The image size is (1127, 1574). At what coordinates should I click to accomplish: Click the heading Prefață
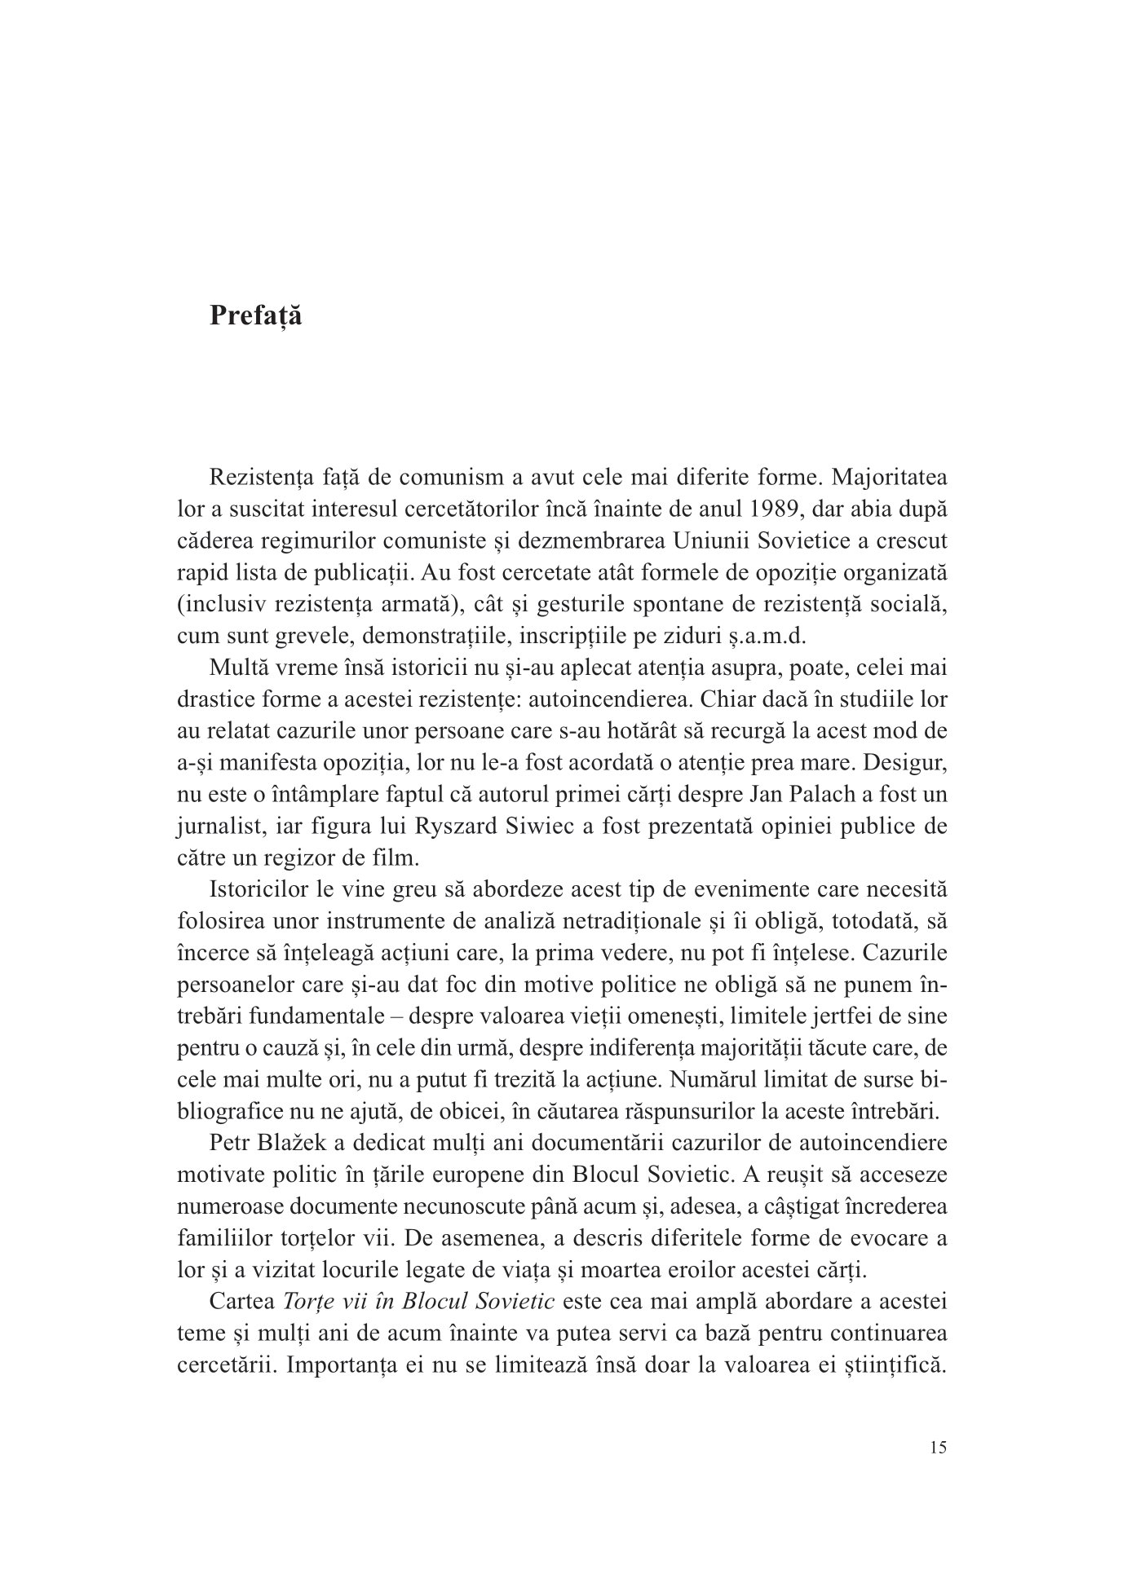(255, 315)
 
